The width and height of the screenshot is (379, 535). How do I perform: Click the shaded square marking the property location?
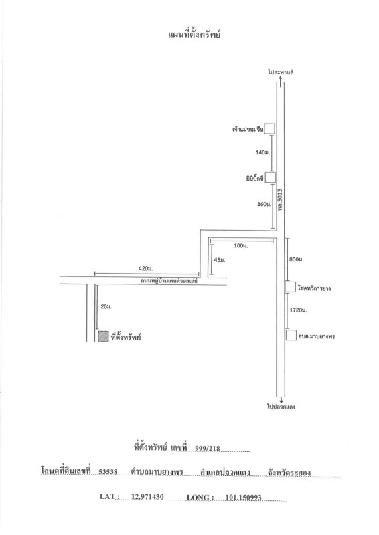(103, 336)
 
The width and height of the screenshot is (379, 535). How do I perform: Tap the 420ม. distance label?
(145, 269)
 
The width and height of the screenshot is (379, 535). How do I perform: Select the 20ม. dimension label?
(106, 307)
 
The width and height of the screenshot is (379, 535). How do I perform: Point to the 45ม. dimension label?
(220, 260)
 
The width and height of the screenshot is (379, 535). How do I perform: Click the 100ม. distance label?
(241, 245)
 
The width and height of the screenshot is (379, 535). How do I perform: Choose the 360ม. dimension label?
(264, 204)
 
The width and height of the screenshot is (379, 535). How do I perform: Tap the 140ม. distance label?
(262, 152)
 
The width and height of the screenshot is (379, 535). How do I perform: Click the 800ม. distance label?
(296, 259)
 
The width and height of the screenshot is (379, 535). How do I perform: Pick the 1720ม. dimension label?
(298, 310)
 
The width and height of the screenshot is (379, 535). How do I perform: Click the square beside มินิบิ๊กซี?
(271, 177)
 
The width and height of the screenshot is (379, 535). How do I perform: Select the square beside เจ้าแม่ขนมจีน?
(270, 128)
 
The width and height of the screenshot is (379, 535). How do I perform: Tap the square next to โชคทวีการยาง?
(291, 287)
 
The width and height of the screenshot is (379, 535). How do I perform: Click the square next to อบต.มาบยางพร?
(291, 335)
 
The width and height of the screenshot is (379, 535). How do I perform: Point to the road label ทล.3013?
(281, 199)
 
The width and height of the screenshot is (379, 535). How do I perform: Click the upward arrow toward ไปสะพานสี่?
(281, 82)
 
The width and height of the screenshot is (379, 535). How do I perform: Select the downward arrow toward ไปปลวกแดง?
(281, 399)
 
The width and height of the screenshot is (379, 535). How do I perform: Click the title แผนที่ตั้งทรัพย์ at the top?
(194, 35)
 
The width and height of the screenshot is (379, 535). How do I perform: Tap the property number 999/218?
(208, 448)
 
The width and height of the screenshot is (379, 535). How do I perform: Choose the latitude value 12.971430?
(147, 496)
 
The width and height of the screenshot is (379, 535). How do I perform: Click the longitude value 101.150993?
(243, 498)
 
